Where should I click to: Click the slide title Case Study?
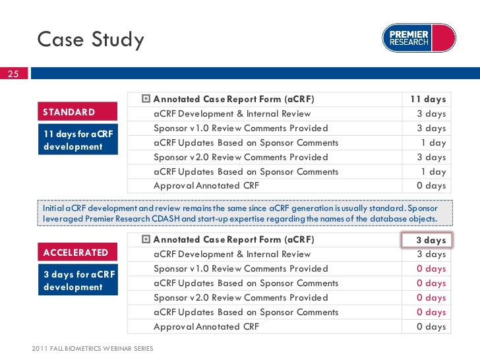pyautogui.click(x=90, y=40)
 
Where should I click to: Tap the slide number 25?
pyautogui.click(x=13, y=74)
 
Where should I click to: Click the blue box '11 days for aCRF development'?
pyautogui.click(x=78, y=140)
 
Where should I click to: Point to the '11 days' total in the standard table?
pyautogui.click(x=428, y=100)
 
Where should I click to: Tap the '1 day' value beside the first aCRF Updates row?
pyautogui.click(x=433, y=143)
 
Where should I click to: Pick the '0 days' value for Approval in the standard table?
pyautogui.click(x=431, y=186)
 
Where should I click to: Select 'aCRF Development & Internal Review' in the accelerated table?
pyautogui.click(x=232, y=255)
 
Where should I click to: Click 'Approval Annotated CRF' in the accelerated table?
pyautogui.click(x=206, y=327)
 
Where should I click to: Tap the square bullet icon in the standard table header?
pyautogui.click(x=146, y=100)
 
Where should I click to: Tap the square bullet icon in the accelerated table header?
pyautogui.click(x=146, y=240)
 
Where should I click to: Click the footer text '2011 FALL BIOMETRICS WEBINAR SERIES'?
pyautogui.click(x=92, y=348)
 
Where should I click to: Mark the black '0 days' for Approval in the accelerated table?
pyautogui.click(x=431, y=327)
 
